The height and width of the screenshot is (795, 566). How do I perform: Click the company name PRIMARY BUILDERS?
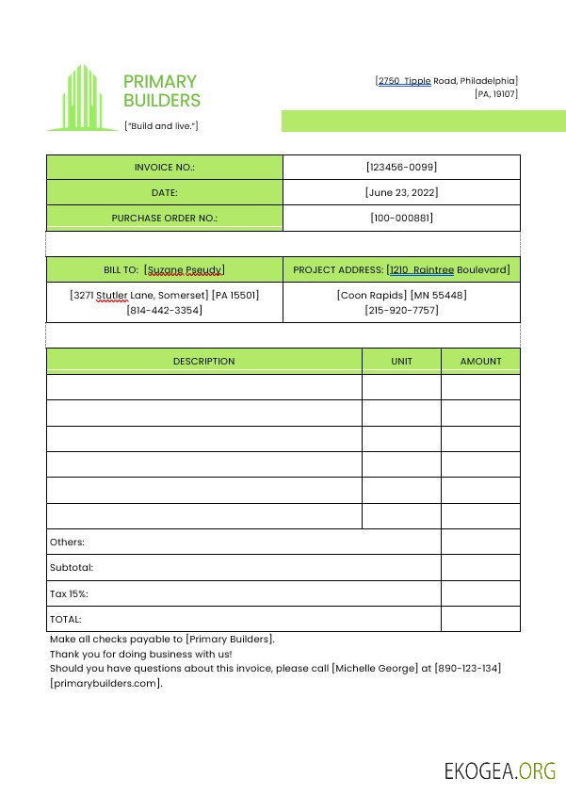coord(161,90)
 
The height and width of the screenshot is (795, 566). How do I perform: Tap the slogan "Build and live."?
coord(161,125)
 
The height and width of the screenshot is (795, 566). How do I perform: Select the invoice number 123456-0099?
coord(401,167)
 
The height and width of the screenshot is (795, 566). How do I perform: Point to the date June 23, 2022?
coord(401,192)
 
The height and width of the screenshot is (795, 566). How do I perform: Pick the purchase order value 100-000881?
coord(401,218)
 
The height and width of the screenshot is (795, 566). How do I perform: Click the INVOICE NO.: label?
coord(164,167)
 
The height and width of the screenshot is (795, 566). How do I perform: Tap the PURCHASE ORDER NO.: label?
coord(164,218)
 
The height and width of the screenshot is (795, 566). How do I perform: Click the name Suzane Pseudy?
coord(185,269)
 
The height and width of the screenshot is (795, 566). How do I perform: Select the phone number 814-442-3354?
coord(164,310)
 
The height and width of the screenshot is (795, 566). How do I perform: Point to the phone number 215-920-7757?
coord(401,310)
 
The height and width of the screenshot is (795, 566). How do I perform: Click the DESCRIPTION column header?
coord(203,361)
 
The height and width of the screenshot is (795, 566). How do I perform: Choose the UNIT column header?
coord(401,361)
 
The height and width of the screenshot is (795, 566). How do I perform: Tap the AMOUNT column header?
coord(480,361)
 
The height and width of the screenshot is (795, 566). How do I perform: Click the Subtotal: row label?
coord(72,568)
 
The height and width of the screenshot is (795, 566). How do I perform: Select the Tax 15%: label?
coord(69,593)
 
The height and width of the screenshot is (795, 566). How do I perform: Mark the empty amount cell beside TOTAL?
coord(480,619)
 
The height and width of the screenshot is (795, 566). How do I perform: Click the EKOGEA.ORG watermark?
coord(500,771)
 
